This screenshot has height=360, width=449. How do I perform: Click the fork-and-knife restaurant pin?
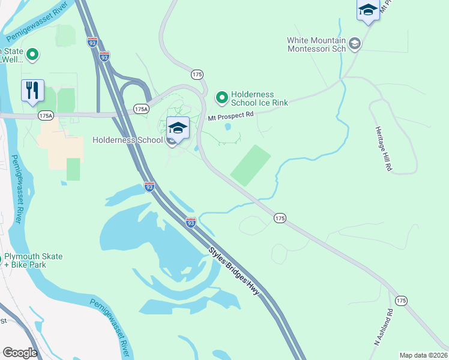pos(32,91)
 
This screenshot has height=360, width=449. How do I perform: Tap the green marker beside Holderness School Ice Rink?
pos(222,97)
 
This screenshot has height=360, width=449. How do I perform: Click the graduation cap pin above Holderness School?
pos(178,128)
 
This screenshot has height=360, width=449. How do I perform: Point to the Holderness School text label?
pos(127,140)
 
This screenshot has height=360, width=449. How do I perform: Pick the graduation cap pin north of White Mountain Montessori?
pos(367,10)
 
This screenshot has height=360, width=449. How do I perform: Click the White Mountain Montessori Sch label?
pos(316,45)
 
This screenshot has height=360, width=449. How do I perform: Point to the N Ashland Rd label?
pos(383,327)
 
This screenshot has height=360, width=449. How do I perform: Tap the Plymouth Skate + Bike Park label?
pos(33,260)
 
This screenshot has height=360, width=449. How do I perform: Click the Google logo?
pos(20,352)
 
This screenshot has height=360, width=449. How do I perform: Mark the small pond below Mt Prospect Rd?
pos(228,127)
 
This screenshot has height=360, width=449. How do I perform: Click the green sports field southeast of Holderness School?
pos(251,165)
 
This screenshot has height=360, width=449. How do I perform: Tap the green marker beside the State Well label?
pos(33,55)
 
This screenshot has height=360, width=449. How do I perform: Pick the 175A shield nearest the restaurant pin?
pos(45,114)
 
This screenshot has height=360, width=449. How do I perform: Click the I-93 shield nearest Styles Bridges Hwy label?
pos(190,222)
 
